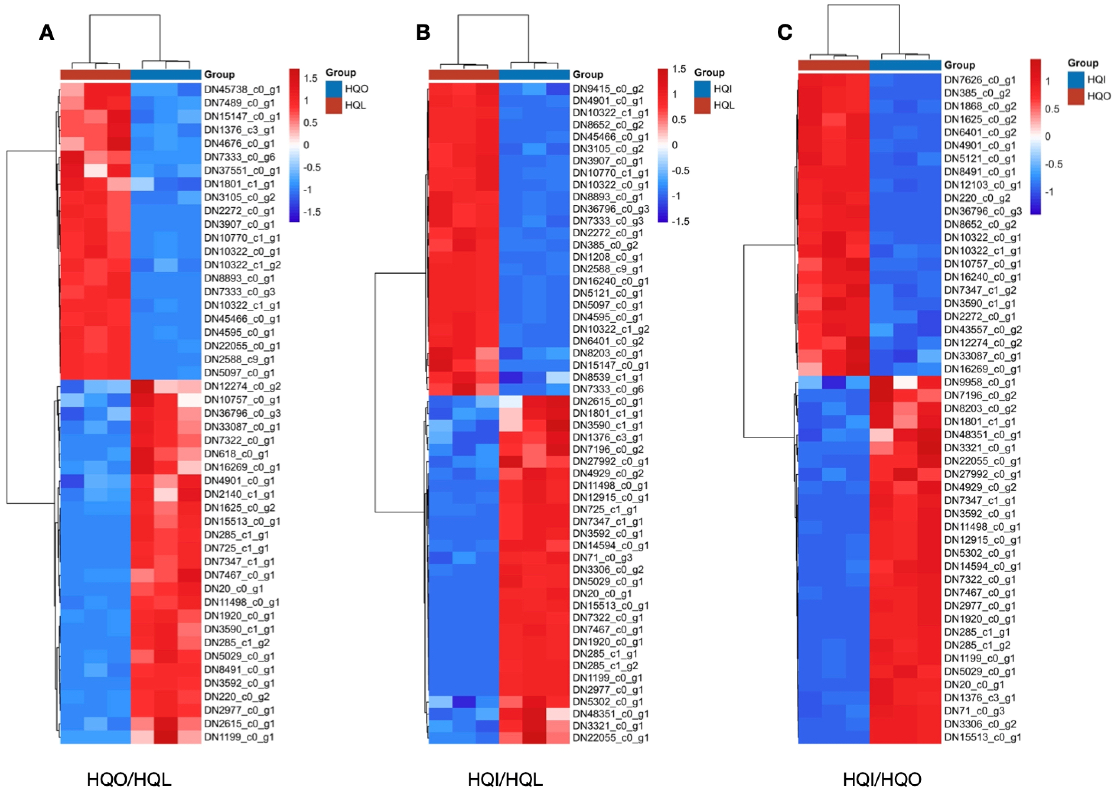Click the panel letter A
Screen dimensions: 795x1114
47,33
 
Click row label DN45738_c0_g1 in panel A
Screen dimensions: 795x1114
242,89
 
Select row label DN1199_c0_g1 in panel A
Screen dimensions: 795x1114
239,737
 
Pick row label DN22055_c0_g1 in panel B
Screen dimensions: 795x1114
610,737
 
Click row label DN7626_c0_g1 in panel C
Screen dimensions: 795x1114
979,80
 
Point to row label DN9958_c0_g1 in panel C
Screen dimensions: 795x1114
979,382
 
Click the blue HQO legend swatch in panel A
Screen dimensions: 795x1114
333,89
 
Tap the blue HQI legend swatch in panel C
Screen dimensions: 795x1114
1075,79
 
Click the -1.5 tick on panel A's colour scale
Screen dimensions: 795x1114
312,212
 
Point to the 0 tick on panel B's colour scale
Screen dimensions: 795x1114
674,145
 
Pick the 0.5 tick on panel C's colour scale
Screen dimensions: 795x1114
1052,109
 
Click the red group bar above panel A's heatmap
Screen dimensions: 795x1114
95,74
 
